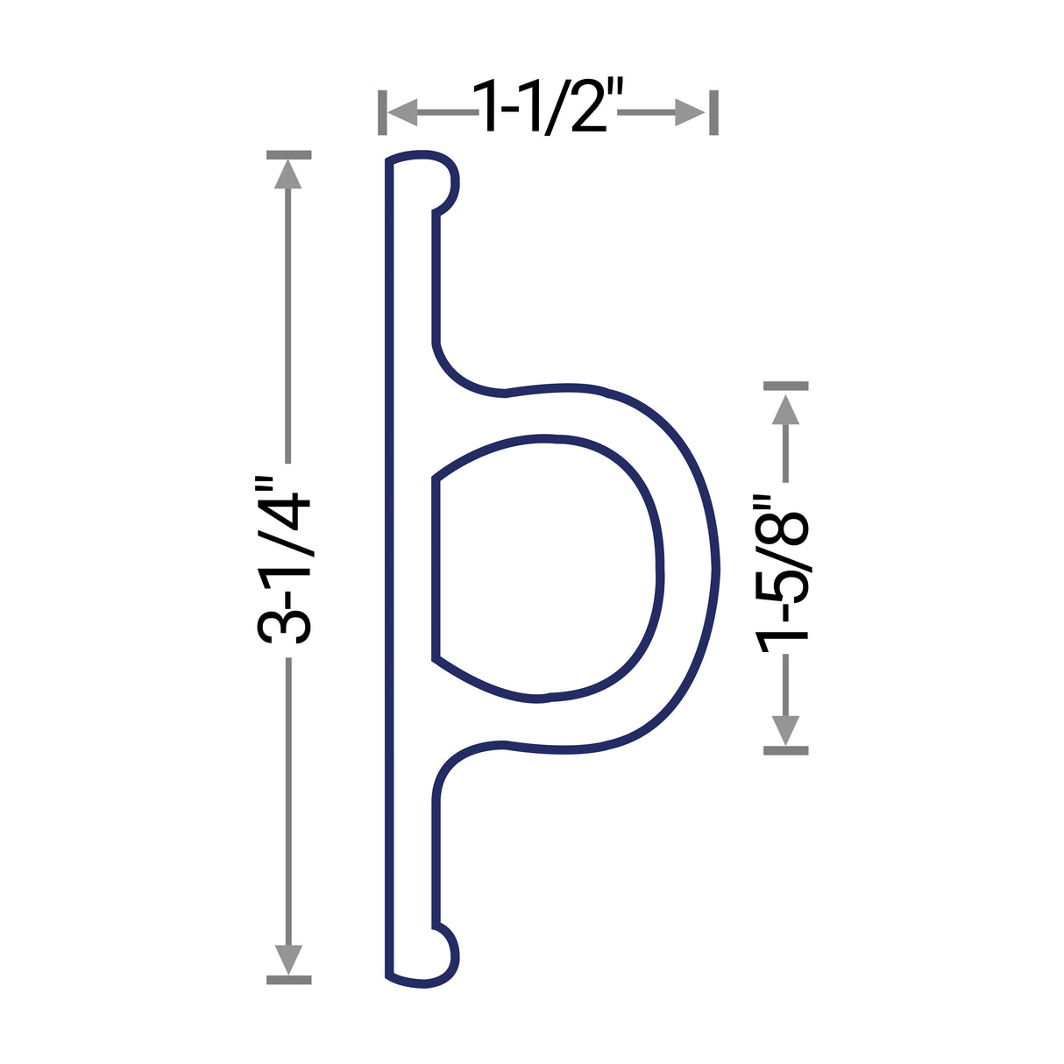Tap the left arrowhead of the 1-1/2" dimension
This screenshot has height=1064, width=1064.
tap(401, 112)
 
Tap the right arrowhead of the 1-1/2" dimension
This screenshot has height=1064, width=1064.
tap(691, 112)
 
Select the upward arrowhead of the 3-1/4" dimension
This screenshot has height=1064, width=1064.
tap(288, 174)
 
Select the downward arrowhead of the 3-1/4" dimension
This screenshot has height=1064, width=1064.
tap(288, 959)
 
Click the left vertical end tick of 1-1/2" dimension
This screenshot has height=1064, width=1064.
tap(382, 112)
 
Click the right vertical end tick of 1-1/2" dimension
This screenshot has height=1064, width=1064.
tap(713, 112)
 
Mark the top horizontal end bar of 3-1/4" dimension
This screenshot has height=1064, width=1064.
tap(288, 155)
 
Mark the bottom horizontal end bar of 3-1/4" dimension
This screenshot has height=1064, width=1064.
tap(288, 979)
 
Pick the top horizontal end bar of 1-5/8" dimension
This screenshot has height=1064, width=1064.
tap(785, 386)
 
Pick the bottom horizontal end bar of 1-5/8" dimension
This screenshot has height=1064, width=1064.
tap(785, 750)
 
